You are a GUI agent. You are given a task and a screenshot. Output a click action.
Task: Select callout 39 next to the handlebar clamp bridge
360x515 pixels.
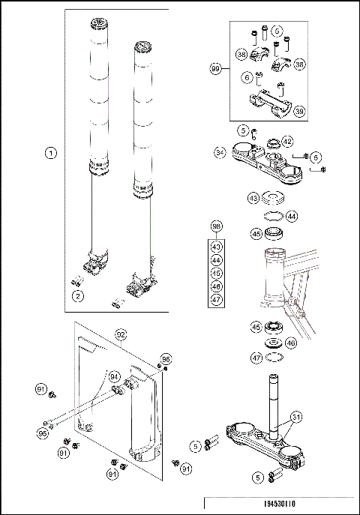[299, 111]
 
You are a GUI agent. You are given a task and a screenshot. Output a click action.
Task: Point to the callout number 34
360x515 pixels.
[220, 152]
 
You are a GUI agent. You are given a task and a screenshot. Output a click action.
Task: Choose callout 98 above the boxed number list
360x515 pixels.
[217, 226]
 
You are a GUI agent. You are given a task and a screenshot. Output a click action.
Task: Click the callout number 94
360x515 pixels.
[115, 376]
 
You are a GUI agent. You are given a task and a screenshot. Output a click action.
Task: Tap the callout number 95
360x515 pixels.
[43, 432]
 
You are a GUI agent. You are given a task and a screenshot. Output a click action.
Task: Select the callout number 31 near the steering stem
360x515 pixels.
[296, 417]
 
